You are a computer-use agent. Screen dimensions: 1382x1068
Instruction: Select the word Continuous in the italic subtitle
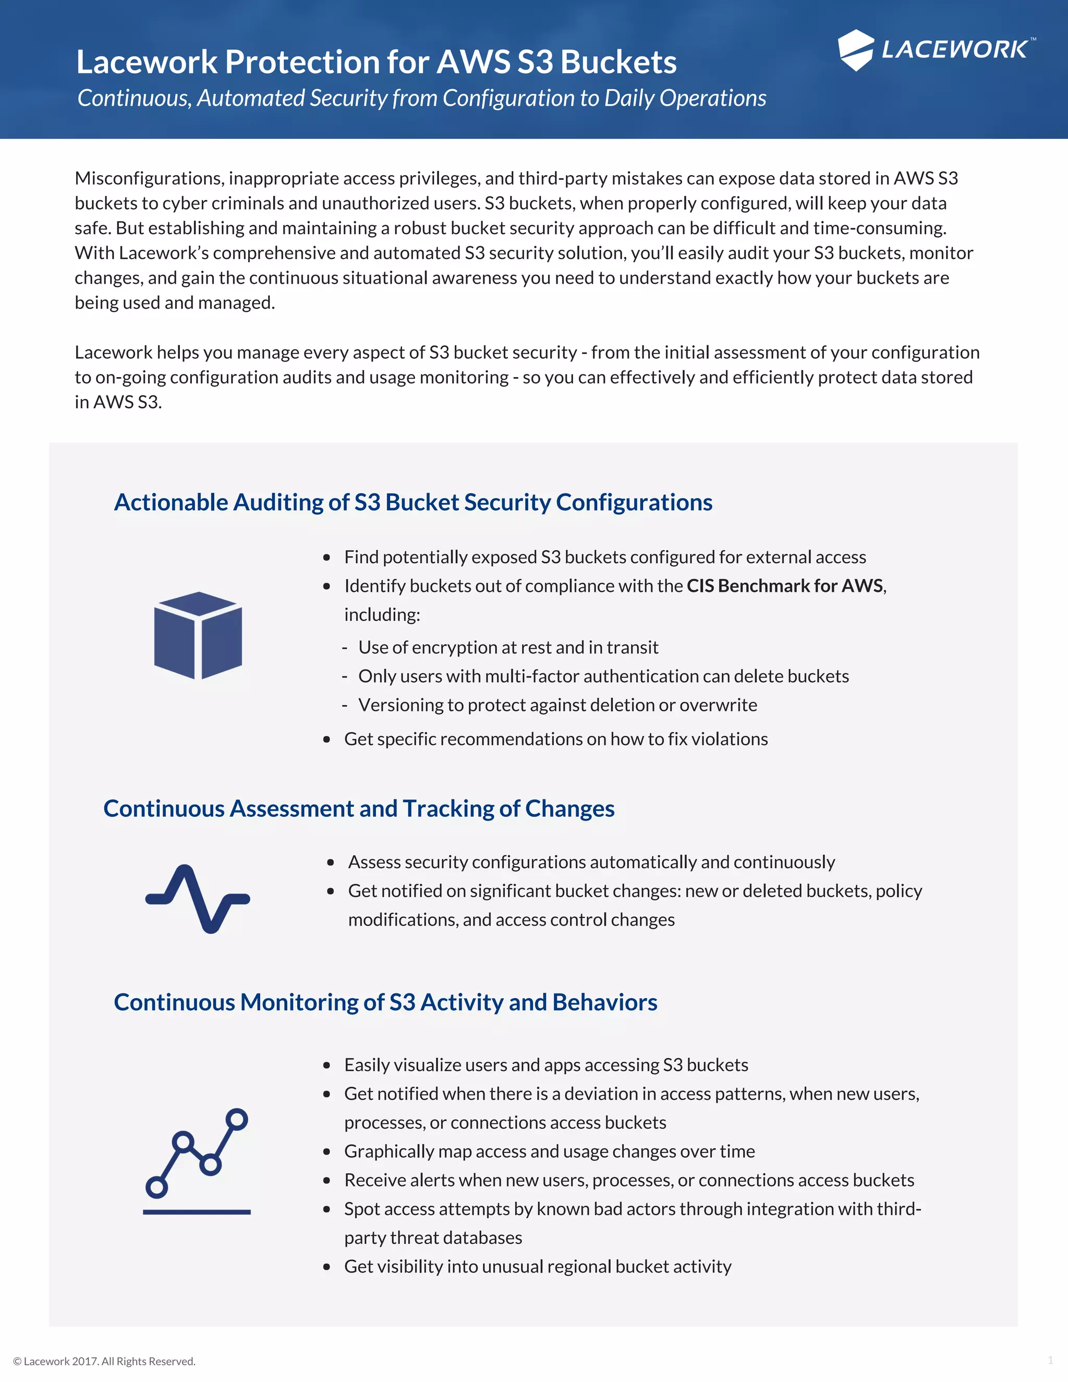click(133, 98)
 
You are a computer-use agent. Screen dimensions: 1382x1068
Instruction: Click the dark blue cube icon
click(198, 635)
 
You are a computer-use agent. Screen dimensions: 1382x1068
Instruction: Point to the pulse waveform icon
click(198, 898)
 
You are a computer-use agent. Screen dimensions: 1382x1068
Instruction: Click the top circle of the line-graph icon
click(237, 1119)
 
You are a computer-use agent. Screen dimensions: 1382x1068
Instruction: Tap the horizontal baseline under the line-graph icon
click(197, 1212)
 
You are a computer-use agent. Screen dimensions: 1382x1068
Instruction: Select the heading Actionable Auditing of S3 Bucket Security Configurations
click(413, 502)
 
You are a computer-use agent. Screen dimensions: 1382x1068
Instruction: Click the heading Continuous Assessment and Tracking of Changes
click(359, 809)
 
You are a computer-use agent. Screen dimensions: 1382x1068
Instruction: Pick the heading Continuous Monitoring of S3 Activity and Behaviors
click(385, 1002)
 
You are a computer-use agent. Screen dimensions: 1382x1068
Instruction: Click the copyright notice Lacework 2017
click(104, 1361)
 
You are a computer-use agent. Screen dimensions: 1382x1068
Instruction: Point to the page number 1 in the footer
click(1050, 1361)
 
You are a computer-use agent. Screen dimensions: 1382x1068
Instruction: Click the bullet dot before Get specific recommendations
click(327, 740)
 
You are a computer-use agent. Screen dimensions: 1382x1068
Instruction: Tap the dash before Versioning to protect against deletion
click(345, 706)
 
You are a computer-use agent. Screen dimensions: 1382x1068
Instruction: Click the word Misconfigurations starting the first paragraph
click(148, 178)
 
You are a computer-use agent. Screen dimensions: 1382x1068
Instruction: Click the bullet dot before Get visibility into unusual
click(327, 1267)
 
